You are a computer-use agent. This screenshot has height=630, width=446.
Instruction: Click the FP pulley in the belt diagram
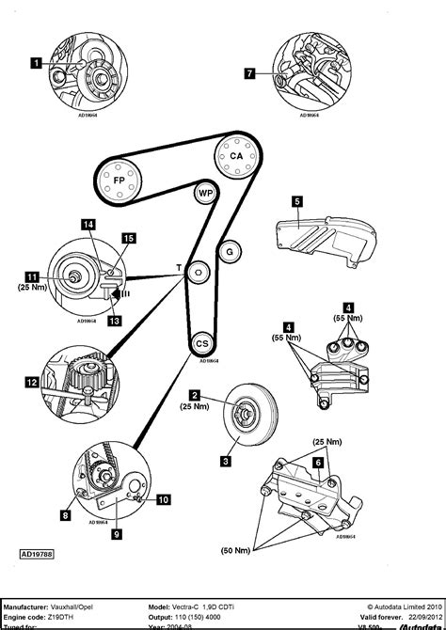tap(119, 180)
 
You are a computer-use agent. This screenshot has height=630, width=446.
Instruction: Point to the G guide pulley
tap(227, 251)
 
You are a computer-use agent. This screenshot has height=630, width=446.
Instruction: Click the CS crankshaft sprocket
tap(200, 345)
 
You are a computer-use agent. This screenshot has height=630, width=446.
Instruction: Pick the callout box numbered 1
tap(36, 64)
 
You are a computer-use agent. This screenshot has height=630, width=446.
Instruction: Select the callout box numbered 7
tap(249, 72)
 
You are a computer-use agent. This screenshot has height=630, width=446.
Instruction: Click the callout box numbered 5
tap(296, 200)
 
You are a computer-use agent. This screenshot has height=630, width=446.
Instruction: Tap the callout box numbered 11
tap(32, 277)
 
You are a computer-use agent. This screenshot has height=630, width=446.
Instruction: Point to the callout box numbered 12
tap(32, 382)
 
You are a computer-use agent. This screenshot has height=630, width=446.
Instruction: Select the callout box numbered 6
tap(318, 463)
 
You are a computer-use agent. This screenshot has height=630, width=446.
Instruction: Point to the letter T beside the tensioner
tap(179, 269)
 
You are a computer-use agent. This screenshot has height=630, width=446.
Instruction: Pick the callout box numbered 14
tap(88, 224)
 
